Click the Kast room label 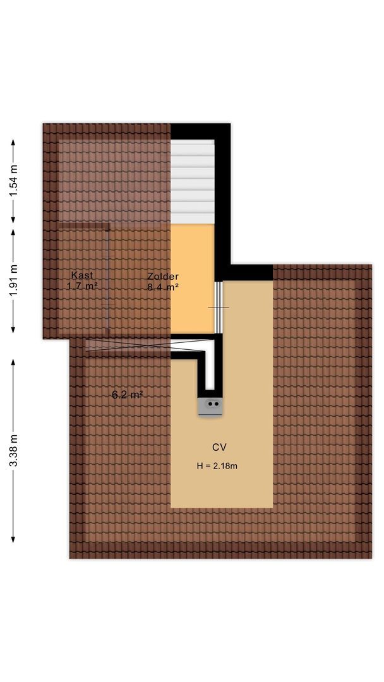pos(82,275)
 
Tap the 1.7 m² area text pos(82,286)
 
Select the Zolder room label pos(163,276)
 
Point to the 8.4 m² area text pos(163,287)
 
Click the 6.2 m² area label pos(127,395)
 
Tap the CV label pos(219,447)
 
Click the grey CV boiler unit pos(211,406)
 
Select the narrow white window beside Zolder pos(219,307)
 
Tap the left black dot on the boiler pos(210,404)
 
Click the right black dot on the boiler pos(217,404)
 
